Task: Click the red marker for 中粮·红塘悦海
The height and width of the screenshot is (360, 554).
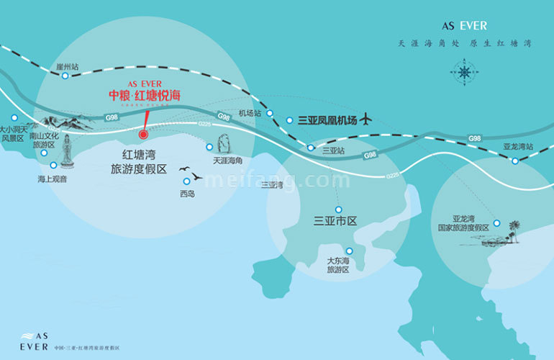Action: (143, 133)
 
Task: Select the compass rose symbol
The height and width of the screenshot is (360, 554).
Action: (464, 71)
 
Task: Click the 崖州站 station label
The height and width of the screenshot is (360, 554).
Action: (67, 67)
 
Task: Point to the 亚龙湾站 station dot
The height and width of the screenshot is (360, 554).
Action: (515, 161)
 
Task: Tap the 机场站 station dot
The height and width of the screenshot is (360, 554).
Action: (270, 114)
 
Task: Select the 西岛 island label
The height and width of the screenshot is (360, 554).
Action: (188, 194)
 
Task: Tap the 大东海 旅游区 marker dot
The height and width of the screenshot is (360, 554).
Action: (349, 251)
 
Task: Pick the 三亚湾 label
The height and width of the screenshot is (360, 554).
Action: (271, 185)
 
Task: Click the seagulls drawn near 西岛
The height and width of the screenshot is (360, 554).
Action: (191, 174)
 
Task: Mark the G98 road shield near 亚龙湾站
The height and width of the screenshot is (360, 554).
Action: (474, 138)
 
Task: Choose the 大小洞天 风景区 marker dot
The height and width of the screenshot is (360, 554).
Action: (14, 117)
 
